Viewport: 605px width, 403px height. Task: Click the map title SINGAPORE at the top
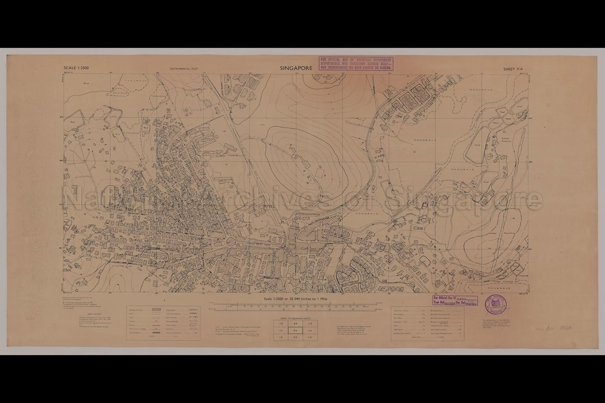coord(296,68)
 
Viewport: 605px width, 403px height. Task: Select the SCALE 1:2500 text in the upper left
coord(76,68)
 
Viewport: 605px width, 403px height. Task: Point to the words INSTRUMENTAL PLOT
coord(184,69)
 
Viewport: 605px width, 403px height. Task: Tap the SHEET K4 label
coord(512,69)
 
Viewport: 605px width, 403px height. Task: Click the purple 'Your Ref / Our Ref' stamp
coord(455,301)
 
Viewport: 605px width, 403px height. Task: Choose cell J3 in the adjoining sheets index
coord(281,324)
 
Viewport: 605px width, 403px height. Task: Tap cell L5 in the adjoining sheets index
coord(310,338)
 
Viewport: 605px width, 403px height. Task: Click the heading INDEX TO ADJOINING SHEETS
coord(295,318)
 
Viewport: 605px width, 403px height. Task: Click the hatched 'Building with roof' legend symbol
coord(156,311)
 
